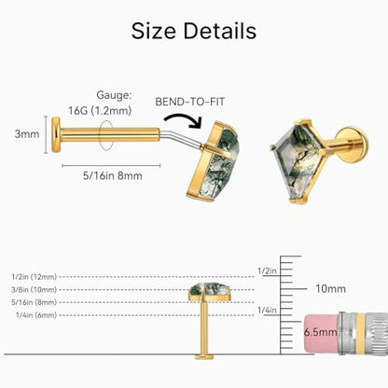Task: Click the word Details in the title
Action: click(x=220, y=31)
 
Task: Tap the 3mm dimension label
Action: click(x=27, y=134)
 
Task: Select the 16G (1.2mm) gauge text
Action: click(x=100, y=110)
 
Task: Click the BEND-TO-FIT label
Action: click(x=189, y=102)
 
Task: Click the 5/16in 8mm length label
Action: click(x=112, y=175)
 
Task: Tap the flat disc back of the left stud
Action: click(x=56, y=134)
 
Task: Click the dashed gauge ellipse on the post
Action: click(x=105, y=135)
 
